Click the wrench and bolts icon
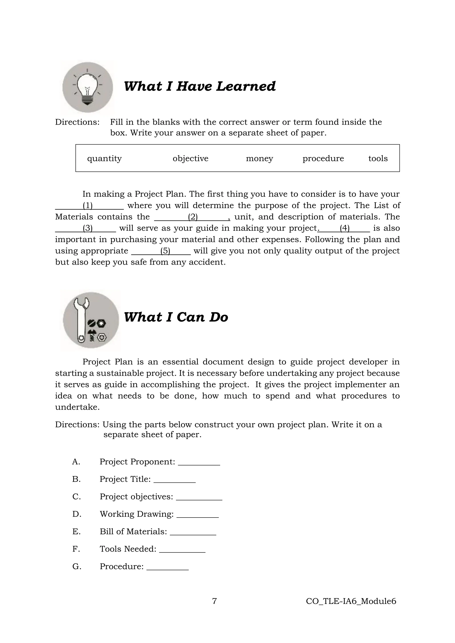91,320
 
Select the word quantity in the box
104,159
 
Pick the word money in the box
259,159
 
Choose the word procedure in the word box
323,159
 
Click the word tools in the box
378,159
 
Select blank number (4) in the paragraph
344,228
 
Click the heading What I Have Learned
200,86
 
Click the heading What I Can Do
176,317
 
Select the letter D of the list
76,514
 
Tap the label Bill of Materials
133,532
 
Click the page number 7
214,601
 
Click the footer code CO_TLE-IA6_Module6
351,601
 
